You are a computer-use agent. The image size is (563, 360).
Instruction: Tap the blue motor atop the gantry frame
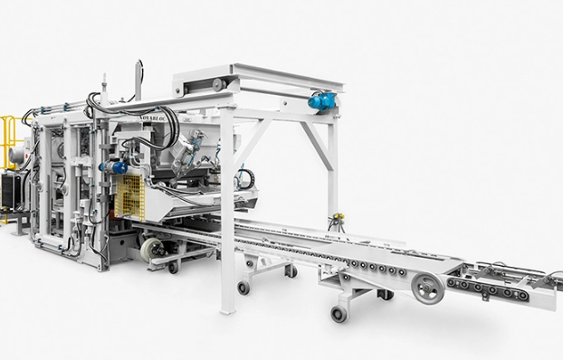321,101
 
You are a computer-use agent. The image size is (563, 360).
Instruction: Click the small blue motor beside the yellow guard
117,167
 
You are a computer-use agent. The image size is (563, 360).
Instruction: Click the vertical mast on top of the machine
137,81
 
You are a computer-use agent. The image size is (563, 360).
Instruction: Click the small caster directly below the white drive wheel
171,267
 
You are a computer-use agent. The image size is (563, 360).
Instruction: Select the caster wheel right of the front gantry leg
243,287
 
